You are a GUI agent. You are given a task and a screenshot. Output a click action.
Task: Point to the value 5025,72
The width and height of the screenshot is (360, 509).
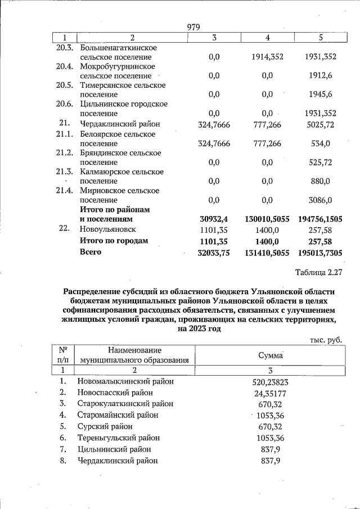tap(318, 124)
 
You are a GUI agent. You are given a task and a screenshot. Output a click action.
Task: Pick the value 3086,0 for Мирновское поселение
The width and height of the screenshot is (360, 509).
tap(318, 200)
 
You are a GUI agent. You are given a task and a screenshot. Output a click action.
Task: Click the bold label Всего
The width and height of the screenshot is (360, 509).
tap(91, 252)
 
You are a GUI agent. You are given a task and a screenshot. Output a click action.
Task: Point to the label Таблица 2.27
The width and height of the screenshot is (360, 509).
tap(318, 273)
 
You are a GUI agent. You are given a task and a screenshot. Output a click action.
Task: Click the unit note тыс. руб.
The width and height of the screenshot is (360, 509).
tap(326, 340)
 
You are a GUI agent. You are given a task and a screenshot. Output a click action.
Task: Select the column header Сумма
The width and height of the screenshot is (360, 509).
tap(270, 355)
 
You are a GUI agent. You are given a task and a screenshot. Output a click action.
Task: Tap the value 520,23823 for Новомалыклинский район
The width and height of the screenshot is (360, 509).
tap(270, 381)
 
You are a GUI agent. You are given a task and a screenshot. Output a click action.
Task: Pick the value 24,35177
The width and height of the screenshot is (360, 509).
tap(270, 393)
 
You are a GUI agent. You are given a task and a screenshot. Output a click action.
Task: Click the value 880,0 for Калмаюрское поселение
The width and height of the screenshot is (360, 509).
tap(318, 181)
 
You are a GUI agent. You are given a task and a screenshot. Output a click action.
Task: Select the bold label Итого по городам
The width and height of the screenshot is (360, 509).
tap(114, 241)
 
